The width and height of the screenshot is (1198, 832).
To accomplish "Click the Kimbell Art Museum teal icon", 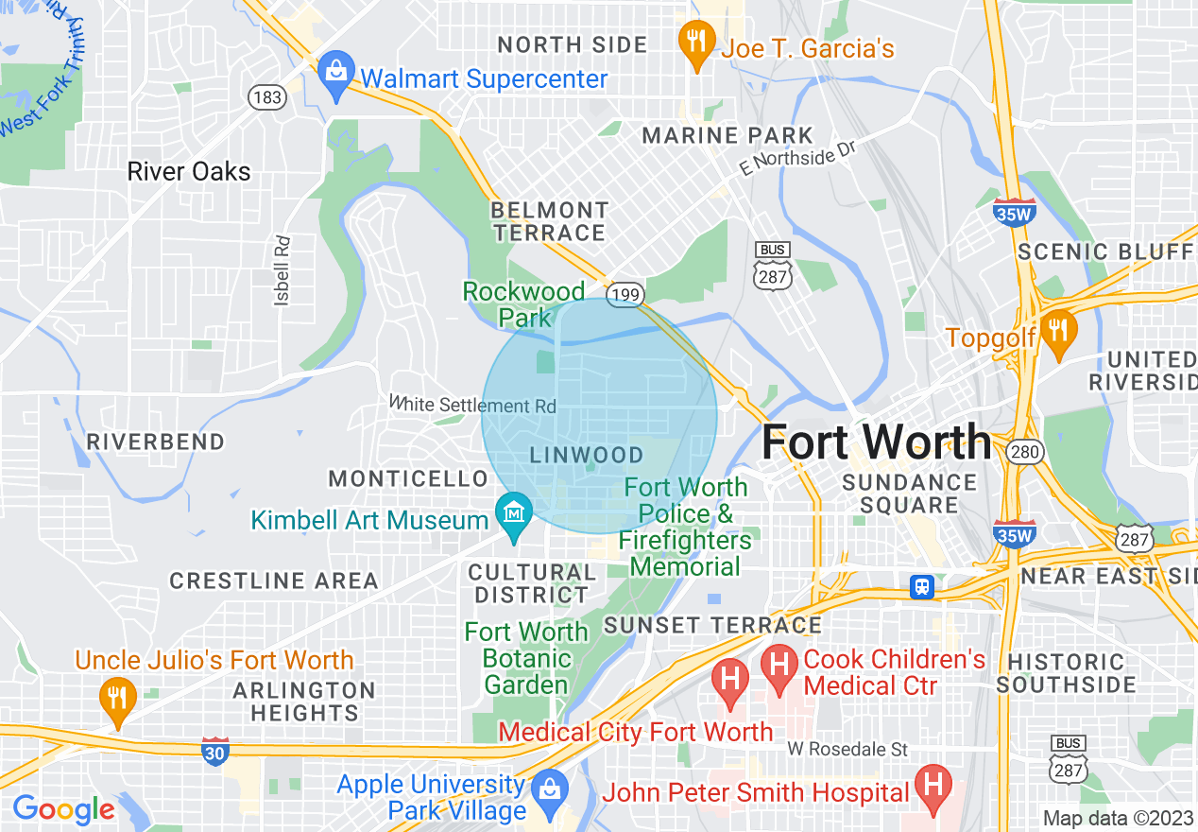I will point(513,516).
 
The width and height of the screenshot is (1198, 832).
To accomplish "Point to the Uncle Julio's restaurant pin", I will point(117,701).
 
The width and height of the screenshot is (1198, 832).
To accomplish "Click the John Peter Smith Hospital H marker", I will point(933,787).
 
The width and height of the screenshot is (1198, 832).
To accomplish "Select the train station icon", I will point(922,586).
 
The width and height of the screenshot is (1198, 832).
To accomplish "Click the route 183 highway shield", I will point(268,96).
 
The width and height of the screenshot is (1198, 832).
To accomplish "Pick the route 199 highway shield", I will point(625,297).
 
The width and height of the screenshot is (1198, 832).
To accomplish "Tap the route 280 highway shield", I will point(1024,452).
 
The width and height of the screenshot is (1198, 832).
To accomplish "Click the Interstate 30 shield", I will point(214,754).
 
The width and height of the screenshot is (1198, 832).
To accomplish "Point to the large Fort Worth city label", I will point(876,442).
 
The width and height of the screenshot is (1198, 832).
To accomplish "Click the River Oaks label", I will point(189,172).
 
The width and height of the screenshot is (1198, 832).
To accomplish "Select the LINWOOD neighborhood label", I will point(586,455).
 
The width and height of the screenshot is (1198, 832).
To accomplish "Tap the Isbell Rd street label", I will point(282,269).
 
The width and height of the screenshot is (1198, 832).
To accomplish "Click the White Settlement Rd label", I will point(473,405).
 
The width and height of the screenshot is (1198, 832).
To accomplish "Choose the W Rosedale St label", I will point(847,750).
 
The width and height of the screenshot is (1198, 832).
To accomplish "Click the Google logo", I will point(63,810).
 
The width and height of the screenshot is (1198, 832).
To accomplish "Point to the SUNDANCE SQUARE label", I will point(908,494).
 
